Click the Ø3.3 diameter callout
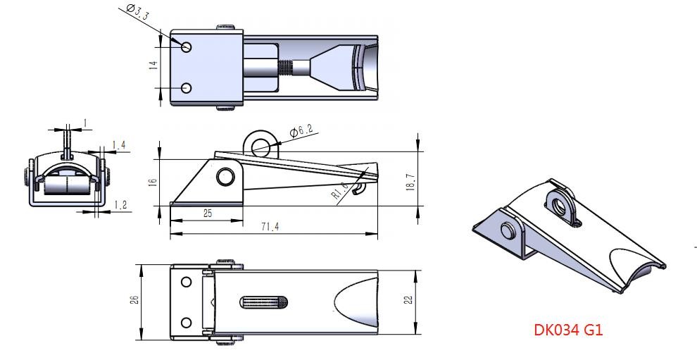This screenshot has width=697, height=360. click(137, 12)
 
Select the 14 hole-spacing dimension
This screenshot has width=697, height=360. click(153, 65)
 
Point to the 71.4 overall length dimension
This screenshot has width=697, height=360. click(270, 227)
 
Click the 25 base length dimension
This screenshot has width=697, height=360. click(208, 213)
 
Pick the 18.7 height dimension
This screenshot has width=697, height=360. click(410, 182)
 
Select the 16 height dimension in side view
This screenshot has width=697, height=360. click(153, 182)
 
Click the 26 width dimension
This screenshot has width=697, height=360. click(135, 299)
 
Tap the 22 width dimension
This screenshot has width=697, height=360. click(409, 300)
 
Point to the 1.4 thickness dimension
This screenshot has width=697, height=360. click(119, 145)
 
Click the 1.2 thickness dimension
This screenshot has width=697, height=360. click(120, 205)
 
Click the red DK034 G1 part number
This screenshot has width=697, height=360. click(568, 330)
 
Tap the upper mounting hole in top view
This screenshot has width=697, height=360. click(187, 46)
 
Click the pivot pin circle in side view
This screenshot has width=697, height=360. click(225, 177)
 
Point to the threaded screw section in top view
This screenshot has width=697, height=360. click(287, 68)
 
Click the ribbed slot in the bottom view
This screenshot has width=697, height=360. click(263, 303)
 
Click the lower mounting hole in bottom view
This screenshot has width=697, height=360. click(187, 323)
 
